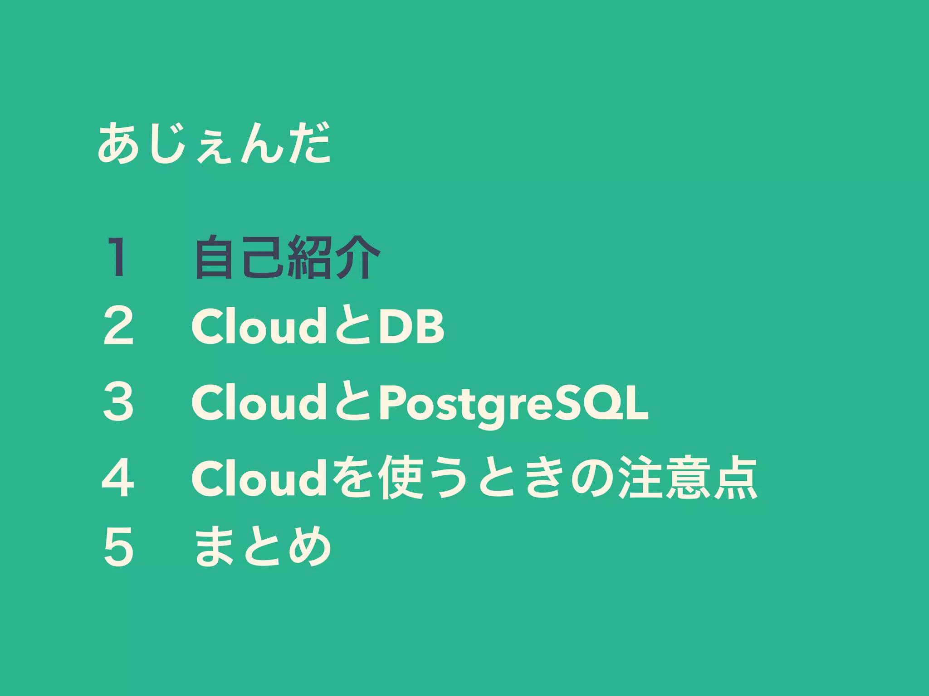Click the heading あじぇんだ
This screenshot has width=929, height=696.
[214, 144]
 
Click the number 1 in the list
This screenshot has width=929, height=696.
[118, 257]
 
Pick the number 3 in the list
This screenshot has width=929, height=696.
[118, 401]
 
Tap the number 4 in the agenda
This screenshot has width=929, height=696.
[118, 478]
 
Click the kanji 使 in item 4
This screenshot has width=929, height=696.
[402, 478]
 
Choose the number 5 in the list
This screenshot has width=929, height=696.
[118, 547]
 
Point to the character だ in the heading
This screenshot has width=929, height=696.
[309, 144]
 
